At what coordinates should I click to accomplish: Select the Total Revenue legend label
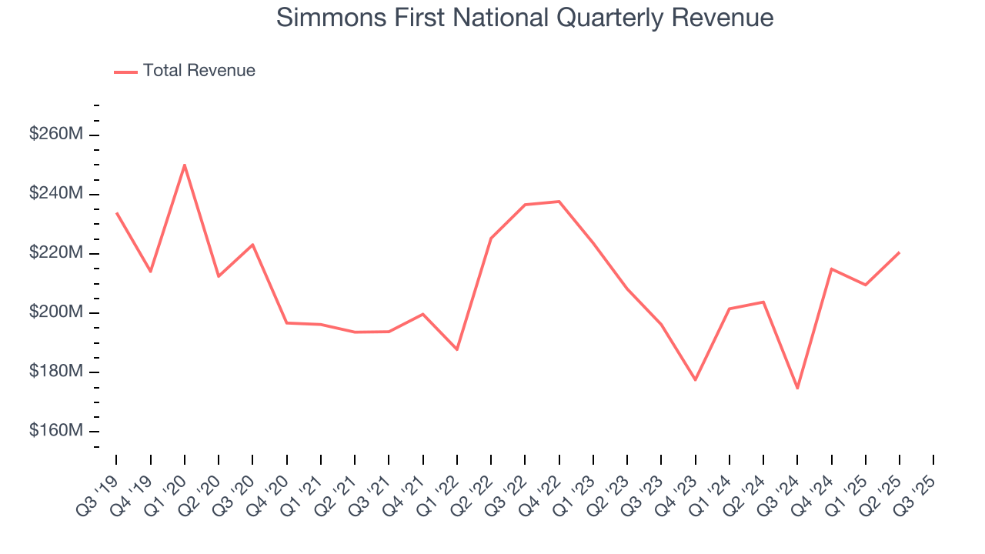coord(199,71)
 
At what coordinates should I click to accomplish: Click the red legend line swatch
coord(125,72)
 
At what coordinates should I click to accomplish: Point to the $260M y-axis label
coord(56,135)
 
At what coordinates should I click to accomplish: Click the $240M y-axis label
coord(56,194)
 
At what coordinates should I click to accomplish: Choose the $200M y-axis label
coord(56,312)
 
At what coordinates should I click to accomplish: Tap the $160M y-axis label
coord(56,431)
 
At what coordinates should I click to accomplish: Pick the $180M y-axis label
coord(56,372)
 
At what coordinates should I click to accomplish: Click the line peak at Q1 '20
coord(185,165)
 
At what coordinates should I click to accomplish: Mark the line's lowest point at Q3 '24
coord(797,388)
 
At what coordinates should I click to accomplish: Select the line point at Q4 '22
coord(559,202)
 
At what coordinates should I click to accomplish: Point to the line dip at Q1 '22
coord(457,349)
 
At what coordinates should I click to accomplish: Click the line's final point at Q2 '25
coord(899,252)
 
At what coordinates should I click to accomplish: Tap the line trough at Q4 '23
coord(695,380)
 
